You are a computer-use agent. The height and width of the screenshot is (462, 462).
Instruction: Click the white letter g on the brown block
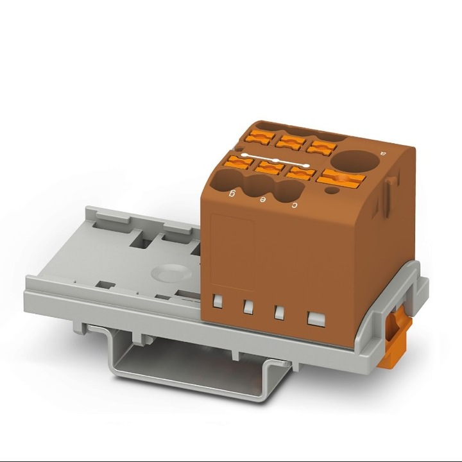pyautogui.click(x=234, y=193)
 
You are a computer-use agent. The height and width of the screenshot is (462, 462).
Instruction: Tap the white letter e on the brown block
pyautogui.click(x=263, y=200)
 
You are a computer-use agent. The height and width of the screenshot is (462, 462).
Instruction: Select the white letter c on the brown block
pyautogui.click(x=294, y=205)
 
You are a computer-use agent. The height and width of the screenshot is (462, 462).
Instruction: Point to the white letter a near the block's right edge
pyautogui.click(x=382, y=153)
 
